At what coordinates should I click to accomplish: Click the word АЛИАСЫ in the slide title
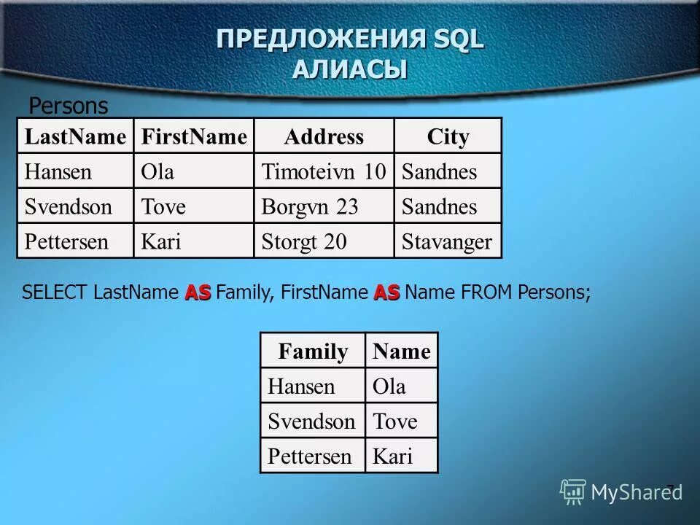coord(350,70)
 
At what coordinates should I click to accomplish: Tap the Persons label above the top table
coord(68,106)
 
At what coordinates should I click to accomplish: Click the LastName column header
coord(75,136)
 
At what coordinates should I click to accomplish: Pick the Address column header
coord(324,136)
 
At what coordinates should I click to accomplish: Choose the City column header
coord(448,136)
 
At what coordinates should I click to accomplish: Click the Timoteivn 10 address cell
coord(324,172)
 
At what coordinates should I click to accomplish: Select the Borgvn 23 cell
coord(310,207)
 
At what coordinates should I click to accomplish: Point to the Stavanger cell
coord(447,242)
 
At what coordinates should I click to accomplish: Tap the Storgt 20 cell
coord(304,242)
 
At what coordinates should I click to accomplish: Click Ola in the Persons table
coord(157,172)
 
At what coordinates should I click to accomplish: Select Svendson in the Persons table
coord(69,207)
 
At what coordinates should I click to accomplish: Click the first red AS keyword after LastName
coord(198,293)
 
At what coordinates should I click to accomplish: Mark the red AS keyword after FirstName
coord(387,293)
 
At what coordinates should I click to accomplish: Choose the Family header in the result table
coord(313,352)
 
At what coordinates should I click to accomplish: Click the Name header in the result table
coord(401,352)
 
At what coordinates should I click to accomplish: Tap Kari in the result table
coord(392,457)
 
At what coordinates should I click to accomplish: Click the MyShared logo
coord(621,492)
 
